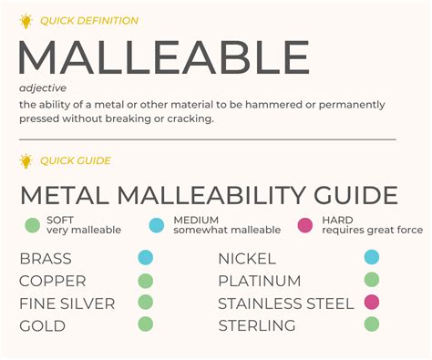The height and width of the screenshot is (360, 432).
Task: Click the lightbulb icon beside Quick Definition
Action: (26, 20)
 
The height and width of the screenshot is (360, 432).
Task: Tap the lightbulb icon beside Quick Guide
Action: (26, 161)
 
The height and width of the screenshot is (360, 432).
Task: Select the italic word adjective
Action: (40, 88)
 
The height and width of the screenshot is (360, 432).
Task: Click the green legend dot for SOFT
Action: (32, 224)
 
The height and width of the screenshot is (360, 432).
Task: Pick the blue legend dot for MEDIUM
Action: (155, 224)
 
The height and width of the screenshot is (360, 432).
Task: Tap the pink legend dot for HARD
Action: (304, 224)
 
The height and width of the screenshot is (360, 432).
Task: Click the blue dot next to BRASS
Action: (146, 258)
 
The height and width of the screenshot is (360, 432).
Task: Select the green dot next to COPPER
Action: (146, 281)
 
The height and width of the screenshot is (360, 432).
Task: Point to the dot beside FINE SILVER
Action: (146, 303)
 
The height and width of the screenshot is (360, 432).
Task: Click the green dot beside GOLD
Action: (146, 324)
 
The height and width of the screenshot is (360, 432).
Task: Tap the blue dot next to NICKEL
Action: (371, 258)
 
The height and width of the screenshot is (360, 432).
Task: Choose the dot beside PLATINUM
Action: (371, 281)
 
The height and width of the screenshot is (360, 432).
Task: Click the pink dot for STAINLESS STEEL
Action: (371, 303)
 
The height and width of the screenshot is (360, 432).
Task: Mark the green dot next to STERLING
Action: (371, 324)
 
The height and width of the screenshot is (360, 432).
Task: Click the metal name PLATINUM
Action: (259, 281)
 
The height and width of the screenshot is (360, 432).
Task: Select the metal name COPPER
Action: (53, 281)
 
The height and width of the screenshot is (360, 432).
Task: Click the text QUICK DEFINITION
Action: (89, 20)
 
